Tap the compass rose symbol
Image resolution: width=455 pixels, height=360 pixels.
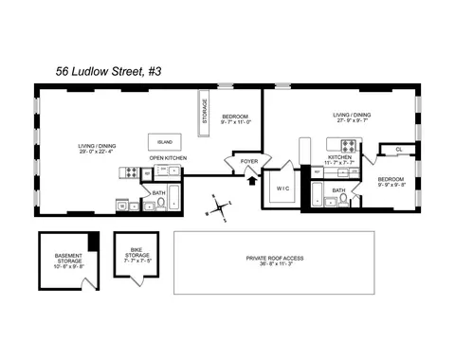[x=219, y=207]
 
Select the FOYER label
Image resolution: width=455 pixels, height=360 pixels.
[x=248, y=162]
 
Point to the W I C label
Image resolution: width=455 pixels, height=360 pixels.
[x=282, y=188]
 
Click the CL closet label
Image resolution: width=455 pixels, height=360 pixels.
[x=398, y=149]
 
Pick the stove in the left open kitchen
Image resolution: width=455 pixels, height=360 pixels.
[x=132, y=172]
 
